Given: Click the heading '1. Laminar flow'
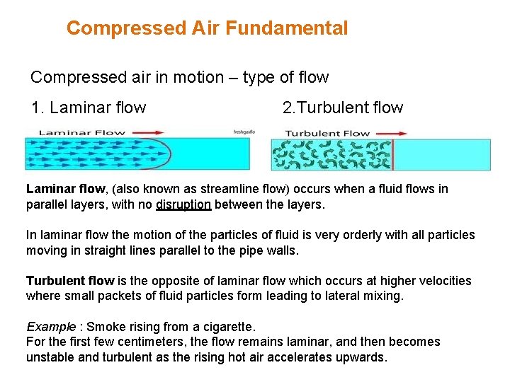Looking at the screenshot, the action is [89, 108].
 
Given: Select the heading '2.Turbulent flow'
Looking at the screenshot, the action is [342, 108].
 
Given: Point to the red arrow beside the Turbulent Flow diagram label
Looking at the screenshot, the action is [392, 132].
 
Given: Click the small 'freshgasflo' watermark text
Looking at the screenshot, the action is [244, 132].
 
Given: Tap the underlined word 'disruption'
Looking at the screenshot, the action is [183, 205].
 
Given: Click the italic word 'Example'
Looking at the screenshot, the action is [51, 327].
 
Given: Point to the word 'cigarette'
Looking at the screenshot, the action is [226, 327].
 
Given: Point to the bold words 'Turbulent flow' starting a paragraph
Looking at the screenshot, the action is [70, 281].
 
